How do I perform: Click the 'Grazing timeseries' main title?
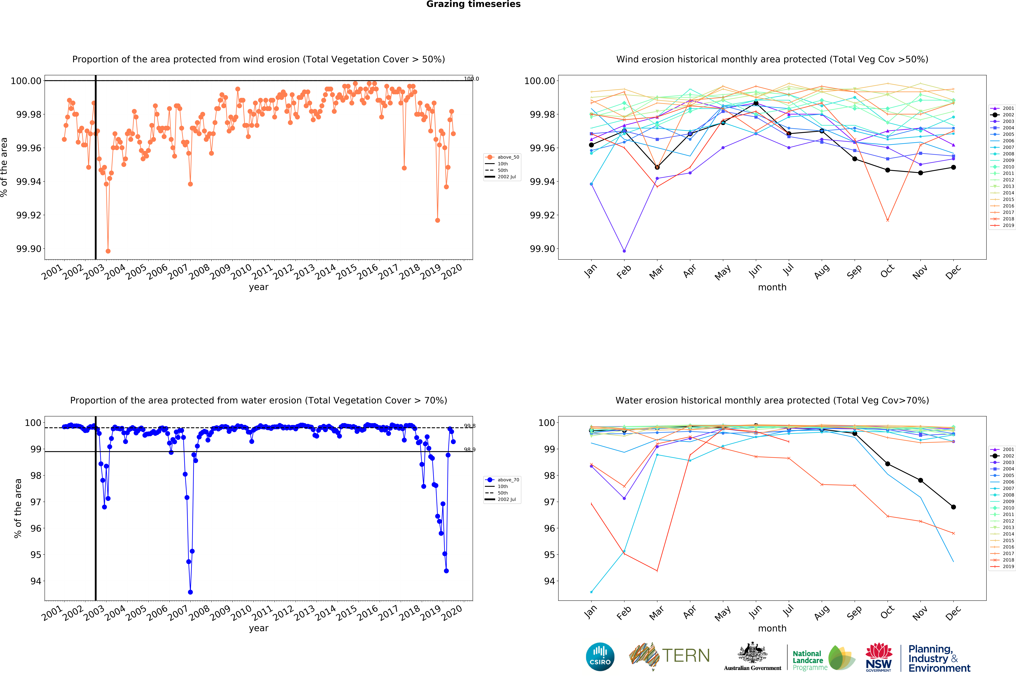[473, 4]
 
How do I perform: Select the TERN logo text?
[686, 656]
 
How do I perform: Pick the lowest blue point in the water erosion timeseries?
[190, 592]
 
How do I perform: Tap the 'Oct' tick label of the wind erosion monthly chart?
[887, 271]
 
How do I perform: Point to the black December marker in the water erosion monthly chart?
[953, 507]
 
